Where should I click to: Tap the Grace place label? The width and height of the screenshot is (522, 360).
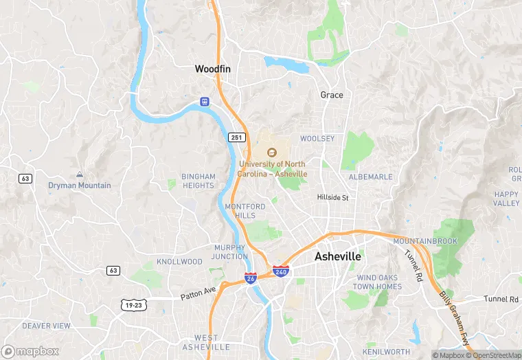point(332,95)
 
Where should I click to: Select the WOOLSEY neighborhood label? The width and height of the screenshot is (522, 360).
point(317,139)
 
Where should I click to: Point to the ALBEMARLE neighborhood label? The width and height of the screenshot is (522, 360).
point(371,177)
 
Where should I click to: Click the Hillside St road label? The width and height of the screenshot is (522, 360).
point(333,197)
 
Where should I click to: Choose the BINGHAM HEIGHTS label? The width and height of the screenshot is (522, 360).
point(198,181)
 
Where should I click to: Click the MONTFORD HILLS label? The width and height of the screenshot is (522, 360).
point(245,211)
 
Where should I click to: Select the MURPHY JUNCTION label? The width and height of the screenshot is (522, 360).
point(230,252)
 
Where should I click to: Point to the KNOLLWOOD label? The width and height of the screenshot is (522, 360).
point(179,262)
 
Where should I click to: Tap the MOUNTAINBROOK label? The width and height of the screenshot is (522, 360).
point(425,241)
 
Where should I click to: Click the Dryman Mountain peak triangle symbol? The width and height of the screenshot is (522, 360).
point(80,175)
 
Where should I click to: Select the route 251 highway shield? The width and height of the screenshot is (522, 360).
point(237,137)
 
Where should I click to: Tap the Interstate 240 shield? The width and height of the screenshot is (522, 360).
point(280,271)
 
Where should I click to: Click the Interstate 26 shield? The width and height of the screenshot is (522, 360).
point(251,278)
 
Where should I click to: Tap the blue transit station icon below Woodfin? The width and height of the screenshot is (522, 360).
point(204,102)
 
